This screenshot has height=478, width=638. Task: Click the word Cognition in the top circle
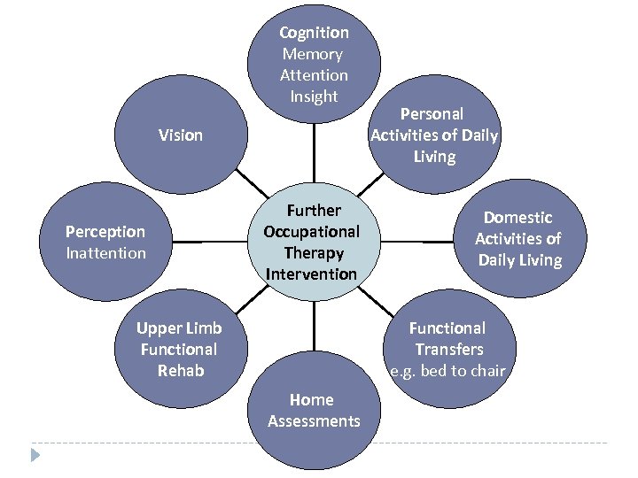314,33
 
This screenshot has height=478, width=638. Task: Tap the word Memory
314,54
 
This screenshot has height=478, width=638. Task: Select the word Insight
314,96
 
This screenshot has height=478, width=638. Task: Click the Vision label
181,135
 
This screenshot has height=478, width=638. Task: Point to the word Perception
105,232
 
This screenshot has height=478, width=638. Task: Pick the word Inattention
105,253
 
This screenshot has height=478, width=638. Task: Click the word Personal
432,114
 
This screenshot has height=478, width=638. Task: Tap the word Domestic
517,218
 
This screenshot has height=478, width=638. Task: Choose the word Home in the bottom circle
312,400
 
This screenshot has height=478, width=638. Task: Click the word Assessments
314,421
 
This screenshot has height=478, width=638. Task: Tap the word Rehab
179,371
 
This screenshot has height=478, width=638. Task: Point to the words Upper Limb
179,328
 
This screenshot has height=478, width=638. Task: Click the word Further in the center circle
313,211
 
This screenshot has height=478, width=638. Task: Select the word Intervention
311,274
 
